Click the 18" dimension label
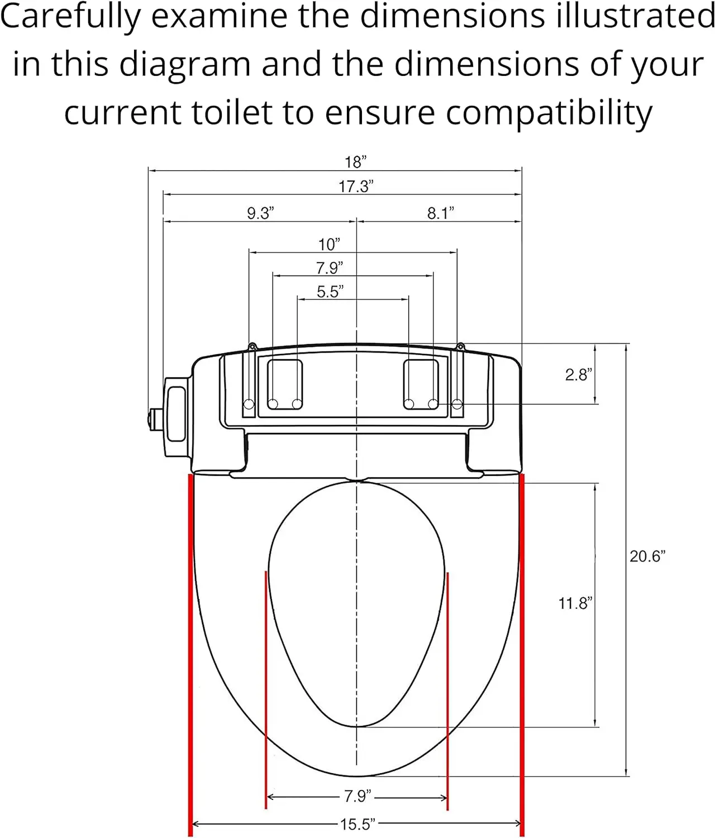(355, 162)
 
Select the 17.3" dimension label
(356, 186)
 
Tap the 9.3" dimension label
(260, 213)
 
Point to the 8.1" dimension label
(441, 213)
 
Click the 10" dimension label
(329, 244)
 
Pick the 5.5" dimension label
(330, 292)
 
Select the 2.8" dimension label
(579, 374)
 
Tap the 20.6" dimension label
(647, 556)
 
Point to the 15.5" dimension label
(357, 824)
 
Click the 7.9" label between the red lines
(357, 796)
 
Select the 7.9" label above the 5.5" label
(330, 268)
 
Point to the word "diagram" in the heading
(185, 65)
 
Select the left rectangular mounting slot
(285, 384)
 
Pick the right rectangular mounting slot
(421, 384)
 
